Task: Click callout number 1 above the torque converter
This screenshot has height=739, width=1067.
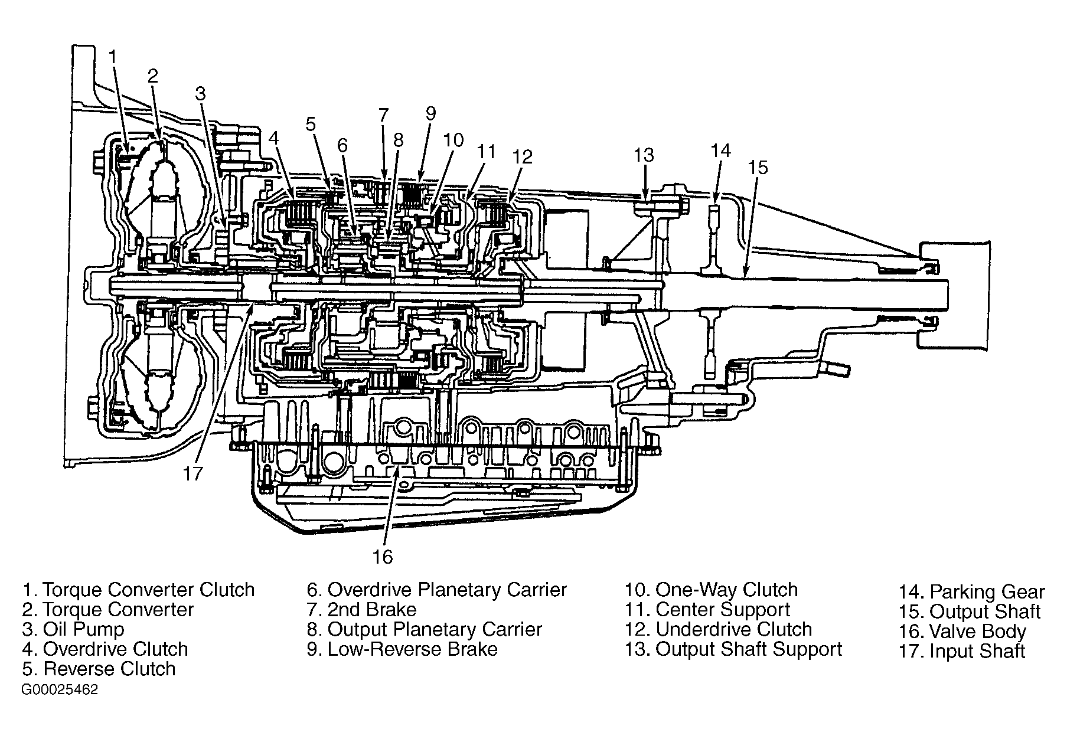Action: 114,57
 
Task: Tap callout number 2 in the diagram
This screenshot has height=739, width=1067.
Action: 153,76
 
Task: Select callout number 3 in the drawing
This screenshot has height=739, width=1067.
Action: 201,93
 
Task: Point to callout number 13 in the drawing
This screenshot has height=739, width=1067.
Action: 644,155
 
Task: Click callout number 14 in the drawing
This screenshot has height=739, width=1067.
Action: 720,151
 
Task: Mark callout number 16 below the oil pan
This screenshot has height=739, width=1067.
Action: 383,557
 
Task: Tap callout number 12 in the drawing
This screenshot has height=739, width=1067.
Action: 523,156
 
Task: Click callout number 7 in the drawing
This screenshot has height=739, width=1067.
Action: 383,115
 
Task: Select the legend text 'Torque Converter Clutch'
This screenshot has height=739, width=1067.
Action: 149,590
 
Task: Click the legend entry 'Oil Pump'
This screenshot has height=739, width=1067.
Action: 84,629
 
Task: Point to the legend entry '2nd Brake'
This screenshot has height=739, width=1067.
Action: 372,609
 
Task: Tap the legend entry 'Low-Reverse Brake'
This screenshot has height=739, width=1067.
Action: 412,649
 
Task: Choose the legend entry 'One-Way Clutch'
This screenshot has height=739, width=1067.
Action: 727,590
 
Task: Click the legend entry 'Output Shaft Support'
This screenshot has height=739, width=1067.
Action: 749,649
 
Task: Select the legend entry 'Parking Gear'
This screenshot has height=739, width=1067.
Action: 987,592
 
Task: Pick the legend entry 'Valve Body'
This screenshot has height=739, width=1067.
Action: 978,632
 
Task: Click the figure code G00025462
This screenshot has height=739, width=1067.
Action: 60,690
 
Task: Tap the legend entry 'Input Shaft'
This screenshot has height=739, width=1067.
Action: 977,652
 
